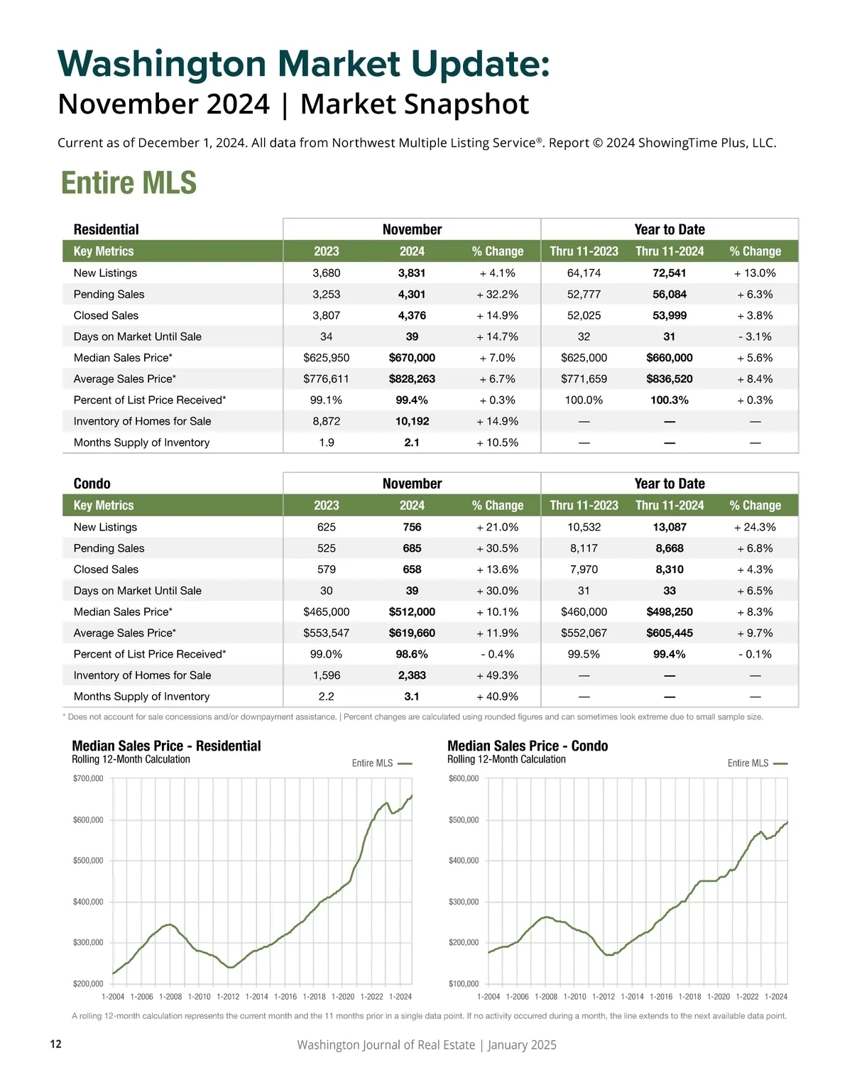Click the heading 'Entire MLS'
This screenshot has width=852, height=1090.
(129, 182)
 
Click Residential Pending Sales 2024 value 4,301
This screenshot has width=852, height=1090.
(412, 294)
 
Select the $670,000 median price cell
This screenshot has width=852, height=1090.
(412, 358)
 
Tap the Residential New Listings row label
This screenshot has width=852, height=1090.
(105, 273)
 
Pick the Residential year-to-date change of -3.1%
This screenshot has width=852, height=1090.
(755, 337)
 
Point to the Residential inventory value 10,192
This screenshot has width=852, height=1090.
(412, 421)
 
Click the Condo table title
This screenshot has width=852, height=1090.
(92, 484)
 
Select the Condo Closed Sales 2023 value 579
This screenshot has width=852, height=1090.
(327, 569)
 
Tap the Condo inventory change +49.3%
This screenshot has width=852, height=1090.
(497, 675)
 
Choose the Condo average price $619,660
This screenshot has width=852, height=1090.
(412, 633)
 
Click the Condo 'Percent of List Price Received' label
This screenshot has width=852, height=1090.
(150, 654)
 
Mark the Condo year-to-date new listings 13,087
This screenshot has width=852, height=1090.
(670, 527)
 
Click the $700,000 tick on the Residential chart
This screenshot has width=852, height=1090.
(88, 778)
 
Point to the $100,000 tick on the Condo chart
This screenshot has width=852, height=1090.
(464, 983)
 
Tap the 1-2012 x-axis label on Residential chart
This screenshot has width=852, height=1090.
(228, 997)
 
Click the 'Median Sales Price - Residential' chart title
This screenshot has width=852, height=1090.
(166, 746)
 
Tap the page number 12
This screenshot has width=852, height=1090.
(56, 1044)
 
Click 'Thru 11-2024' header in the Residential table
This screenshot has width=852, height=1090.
(670, 251)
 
